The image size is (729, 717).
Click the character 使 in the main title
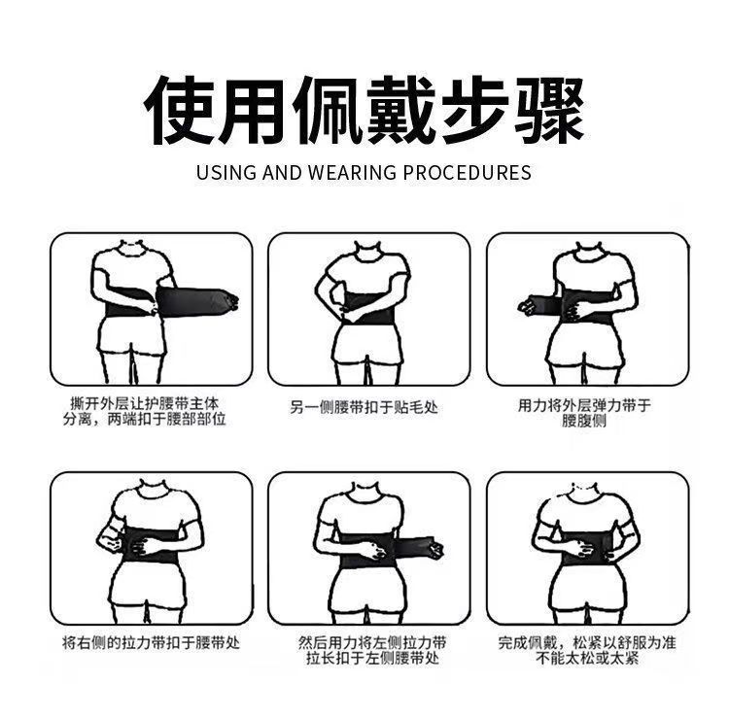click(181, 111)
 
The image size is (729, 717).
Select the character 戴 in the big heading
click(401, 111)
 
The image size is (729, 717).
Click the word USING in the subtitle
click(226, 172)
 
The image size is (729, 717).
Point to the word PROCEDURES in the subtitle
click(467, 172)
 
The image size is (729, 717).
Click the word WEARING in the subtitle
click(352, 172)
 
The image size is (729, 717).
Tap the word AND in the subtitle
click(282, 172)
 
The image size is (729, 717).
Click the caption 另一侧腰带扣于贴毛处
click(364, 407)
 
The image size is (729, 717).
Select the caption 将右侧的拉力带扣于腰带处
click(151, 642)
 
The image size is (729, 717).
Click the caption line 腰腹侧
click(584, 421)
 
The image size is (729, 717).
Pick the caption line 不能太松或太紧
click(587, 658)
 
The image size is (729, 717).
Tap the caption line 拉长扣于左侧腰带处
click(372, 658)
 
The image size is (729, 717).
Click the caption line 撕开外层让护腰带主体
click(144, 403)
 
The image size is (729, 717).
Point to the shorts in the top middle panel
click(367, 345)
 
